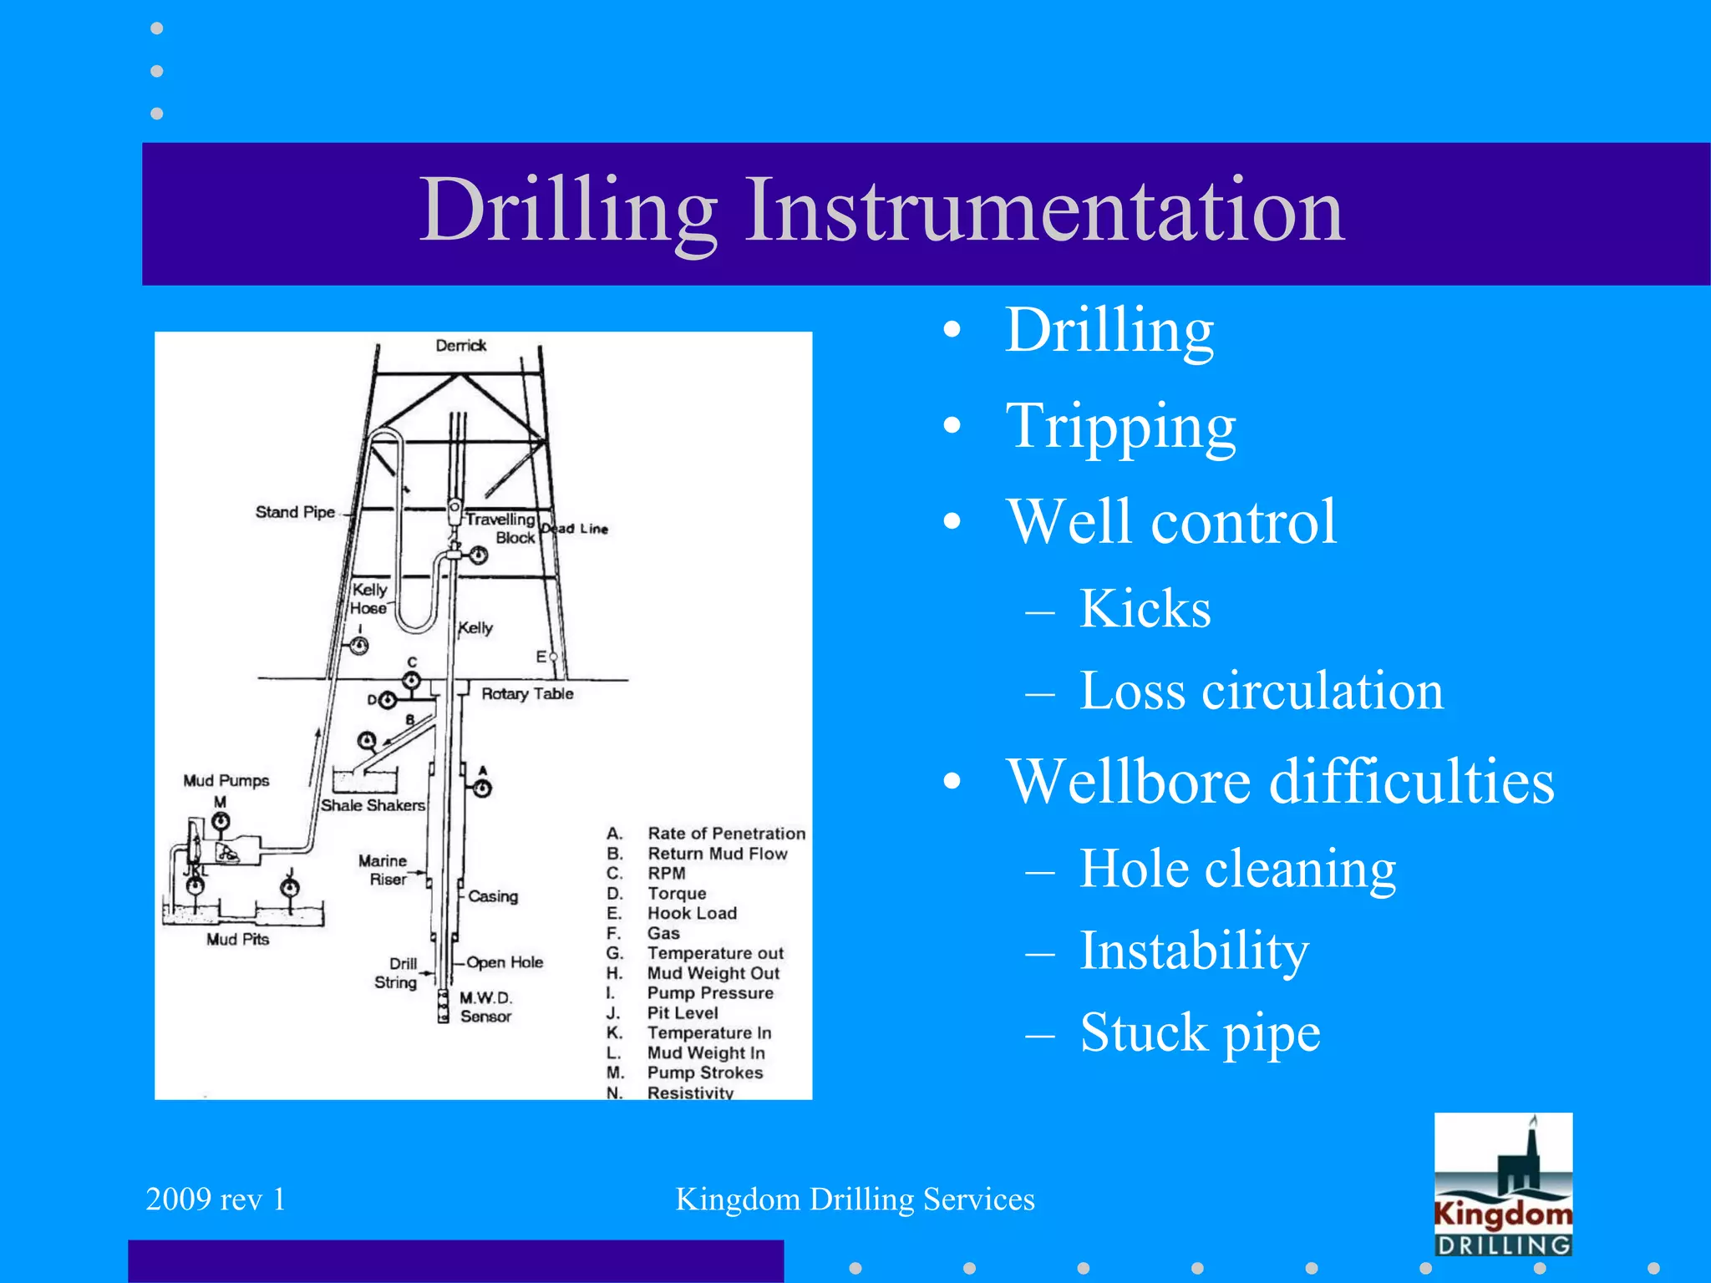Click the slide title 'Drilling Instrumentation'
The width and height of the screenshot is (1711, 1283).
coord(881,210)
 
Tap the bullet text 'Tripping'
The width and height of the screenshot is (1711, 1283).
coord(1120,427)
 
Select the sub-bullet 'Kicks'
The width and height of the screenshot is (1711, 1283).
coord(1145,608)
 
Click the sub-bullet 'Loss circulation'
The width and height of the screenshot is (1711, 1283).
coord(1261,691)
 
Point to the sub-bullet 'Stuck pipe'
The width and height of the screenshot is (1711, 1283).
coord(1200,1032)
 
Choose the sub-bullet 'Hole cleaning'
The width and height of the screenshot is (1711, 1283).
coord(1237,869)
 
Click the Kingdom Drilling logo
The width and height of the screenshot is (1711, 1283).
coord(1503,1184)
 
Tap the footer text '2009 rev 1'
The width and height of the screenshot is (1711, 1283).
coord(216,1199)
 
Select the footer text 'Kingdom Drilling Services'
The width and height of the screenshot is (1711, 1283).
coord(855,1199)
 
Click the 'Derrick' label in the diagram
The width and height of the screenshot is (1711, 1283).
coord(460,346)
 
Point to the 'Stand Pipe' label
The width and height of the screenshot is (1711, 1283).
coord(295,512)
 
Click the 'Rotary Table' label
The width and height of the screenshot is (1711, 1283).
coord(527,693)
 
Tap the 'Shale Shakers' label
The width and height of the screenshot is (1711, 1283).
coord(373,805)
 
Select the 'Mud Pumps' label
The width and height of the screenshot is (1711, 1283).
coord(226,780)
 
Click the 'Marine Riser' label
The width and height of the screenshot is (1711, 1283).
coord(384,870)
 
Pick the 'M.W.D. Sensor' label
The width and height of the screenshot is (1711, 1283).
coord(485,1007)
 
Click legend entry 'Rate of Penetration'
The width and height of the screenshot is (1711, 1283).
coord(726,834)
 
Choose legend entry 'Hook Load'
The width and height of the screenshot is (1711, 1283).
coord(692,913)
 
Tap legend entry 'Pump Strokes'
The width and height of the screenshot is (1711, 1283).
coord(704,1073)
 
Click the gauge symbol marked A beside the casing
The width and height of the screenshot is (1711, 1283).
coord(483,788)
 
